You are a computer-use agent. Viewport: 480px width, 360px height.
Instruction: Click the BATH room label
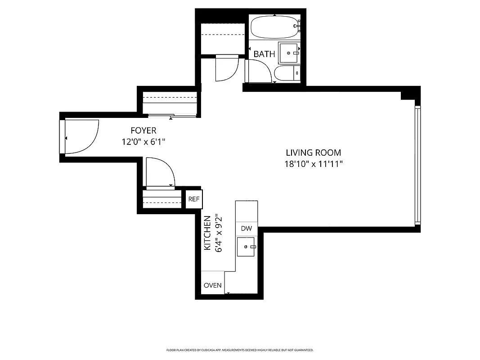[264, 54]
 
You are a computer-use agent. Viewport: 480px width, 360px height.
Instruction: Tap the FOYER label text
[144, 130]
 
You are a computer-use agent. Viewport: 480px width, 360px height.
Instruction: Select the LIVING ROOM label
[313, 153]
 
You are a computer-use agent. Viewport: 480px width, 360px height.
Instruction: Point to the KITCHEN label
[207, 233]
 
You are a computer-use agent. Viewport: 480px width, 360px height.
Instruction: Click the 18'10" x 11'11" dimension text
[314, 164]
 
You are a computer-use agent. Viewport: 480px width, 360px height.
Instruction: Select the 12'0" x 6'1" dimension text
[144, 142]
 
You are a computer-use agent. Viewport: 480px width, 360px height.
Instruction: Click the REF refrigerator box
[194, 199]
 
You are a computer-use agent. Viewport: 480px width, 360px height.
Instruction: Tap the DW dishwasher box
[246, 229]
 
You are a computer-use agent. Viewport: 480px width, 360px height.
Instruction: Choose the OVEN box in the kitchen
[212, 285]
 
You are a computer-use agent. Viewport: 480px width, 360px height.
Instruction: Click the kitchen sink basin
[247, 247]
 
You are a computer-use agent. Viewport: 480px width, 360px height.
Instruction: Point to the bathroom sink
[289, 53]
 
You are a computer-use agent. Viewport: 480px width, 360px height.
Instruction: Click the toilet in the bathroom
[286, 74]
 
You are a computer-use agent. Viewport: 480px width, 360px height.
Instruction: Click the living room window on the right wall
[417, 165]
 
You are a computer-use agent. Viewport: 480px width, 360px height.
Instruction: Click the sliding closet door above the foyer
[170, 116]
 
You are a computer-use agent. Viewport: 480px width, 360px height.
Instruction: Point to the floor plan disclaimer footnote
[240, 350]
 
